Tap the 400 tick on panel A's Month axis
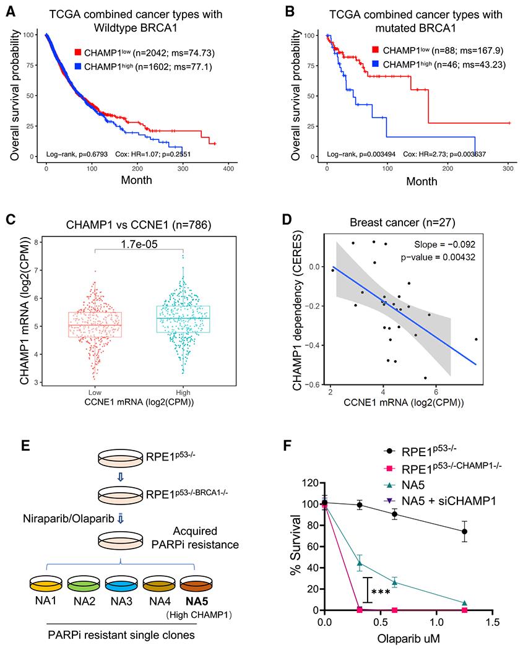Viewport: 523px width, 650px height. click(x=228, y=168)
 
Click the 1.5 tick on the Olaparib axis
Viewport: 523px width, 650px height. click(x=492, y=620)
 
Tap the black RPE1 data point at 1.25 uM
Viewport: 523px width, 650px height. click(x=464, y=532)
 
